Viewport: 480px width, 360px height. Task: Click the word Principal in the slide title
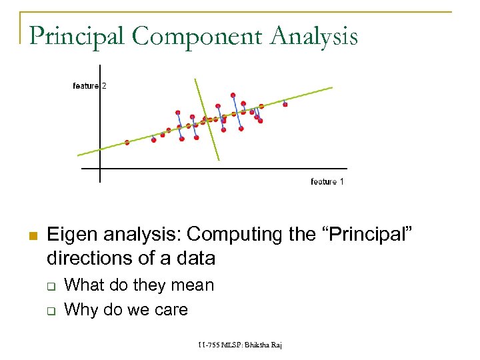coord(77,36)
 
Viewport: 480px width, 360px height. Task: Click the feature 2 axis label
coord(89,86)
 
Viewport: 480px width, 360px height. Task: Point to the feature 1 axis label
coord(327,181)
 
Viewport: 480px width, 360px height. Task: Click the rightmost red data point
coord(285,104)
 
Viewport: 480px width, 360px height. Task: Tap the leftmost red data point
coord(127,143)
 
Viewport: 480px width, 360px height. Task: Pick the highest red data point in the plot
coord(233,95)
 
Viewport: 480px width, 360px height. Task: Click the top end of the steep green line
coord(195,79)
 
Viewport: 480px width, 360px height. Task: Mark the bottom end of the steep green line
coord(219,160)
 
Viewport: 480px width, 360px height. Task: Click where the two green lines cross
coord(209,120)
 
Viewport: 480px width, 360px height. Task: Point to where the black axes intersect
coord(99,169)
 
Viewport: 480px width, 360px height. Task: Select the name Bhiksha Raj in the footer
coord(263,345)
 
